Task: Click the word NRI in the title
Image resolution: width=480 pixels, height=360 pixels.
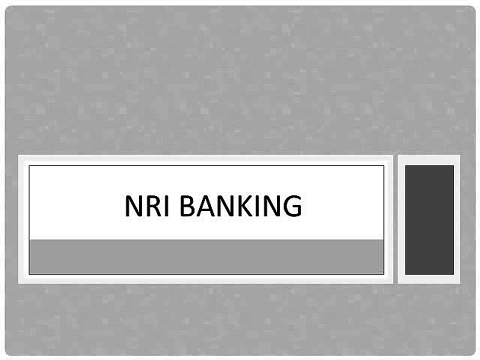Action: tap(147, 205)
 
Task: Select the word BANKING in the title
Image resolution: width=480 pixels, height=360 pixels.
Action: tap(240, 205)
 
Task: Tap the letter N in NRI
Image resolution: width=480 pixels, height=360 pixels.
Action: tap(133, 205)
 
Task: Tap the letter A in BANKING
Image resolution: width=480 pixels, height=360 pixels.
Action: tap(205, 205)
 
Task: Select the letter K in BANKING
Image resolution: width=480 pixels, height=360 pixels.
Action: tap(245, 205)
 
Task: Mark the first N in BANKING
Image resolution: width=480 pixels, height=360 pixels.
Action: tap(226, 205)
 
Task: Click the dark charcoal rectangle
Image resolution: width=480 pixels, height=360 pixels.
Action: tap(429, 220)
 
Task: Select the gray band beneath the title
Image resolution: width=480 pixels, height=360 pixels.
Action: tap(206, 256)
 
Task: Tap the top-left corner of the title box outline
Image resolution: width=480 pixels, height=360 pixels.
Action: tap(29, 165)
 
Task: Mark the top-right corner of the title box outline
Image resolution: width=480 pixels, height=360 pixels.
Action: tap(384, 165)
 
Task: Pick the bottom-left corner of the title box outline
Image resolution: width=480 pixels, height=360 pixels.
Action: tap(29, 274)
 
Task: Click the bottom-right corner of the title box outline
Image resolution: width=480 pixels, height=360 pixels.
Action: tap(384, 274)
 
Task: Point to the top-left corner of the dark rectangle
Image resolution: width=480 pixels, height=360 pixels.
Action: tap(405, 165)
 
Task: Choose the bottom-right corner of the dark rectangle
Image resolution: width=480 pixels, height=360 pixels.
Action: tap(454, 274)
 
